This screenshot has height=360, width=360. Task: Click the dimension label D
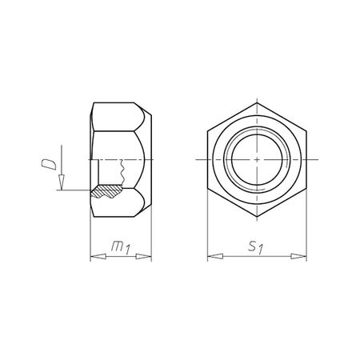(x=48, y=166)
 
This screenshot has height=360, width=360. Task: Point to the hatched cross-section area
(x=107, y=193)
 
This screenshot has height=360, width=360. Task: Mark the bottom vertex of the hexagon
(x=257, y=218)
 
